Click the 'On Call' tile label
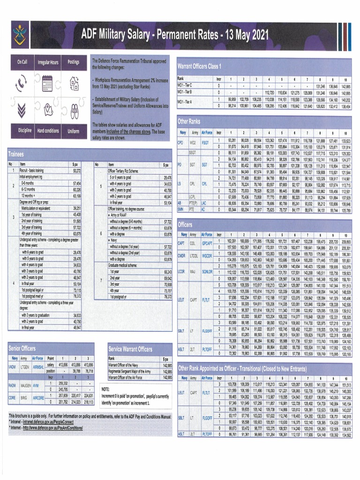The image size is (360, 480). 22,62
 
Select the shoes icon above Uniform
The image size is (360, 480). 73,110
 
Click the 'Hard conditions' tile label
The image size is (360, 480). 48,131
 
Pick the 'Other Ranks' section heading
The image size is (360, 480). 189,121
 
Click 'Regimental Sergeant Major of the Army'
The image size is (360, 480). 133,371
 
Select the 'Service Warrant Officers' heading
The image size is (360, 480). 130,349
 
